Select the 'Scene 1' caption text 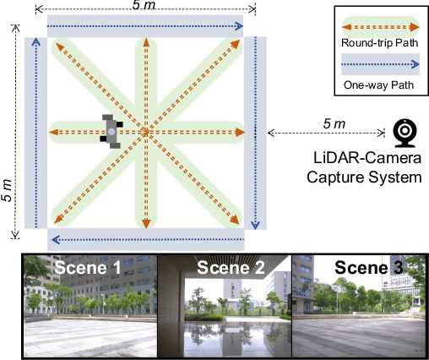[x=88, y=270]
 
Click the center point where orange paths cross [x=146, y=133]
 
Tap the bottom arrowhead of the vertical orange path [x=146, y=223]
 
